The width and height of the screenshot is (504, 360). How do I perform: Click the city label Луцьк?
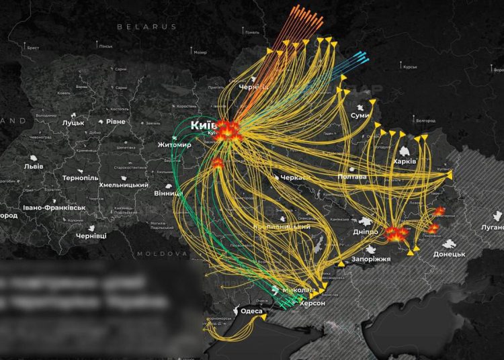coord(73,124)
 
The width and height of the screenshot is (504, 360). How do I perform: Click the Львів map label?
coord(33,166)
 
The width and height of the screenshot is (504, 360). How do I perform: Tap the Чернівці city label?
coord(91,236)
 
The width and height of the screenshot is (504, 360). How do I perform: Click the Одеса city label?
coord(252,310)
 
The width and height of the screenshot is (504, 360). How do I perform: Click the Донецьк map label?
coord(449,254)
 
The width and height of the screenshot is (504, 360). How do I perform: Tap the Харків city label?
coord(405,162)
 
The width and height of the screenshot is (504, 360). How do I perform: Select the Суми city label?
coord(360,116)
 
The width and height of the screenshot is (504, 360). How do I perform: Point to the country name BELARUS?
coord(146,27)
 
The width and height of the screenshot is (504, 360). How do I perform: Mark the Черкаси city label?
coord(296,177)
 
